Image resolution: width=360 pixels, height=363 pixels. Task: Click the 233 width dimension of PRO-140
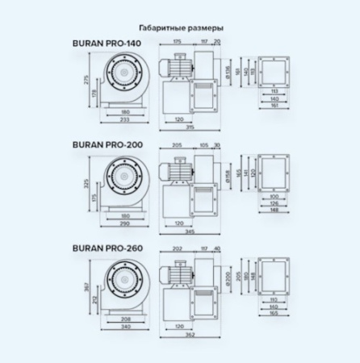[124, 119]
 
